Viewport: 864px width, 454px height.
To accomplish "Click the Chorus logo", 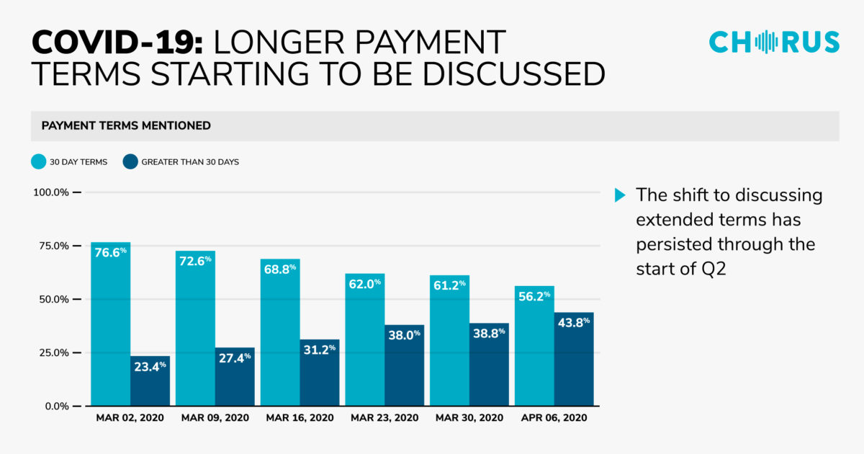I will (x=774, y=41).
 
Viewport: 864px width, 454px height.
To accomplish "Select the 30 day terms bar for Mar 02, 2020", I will (x=110, y=324).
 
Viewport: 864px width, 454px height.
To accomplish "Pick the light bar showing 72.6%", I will (x=195, y=328).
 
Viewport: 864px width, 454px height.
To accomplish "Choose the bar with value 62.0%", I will (x=364, y=339).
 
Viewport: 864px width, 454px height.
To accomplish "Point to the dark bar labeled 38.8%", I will (x=488, y=364).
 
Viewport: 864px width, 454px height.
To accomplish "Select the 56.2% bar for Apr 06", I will (x=534, y=346).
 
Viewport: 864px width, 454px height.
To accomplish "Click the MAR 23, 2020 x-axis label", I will (x=384, y=418).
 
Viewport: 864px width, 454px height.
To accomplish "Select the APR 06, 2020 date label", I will (x=554, y=418).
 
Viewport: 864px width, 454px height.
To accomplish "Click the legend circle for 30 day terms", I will (x=37, y=161).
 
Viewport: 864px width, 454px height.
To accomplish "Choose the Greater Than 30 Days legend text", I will (x=190, y=162).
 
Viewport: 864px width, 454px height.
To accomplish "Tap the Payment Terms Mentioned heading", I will (x=126, y=125).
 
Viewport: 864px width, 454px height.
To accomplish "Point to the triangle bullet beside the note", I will (x=619, y=195).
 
